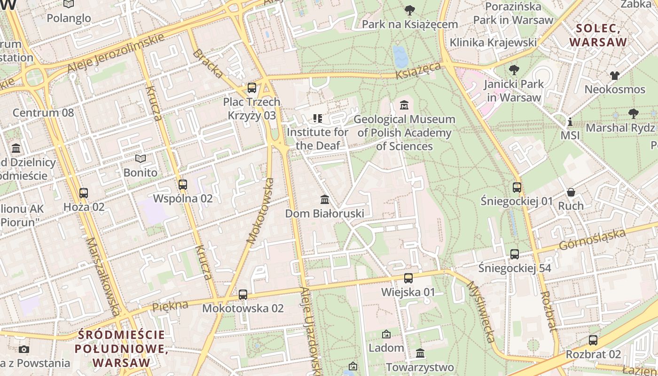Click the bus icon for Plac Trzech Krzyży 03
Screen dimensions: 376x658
point(252,87)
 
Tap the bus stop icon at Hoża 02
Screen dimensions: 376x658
point(84,193)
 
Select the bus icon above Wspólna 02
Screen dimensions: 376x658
point(183,184)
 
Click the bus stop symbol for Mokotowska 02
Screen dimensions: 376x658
point(243,295)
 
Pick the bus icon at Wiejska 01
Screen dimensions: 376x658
point(408,278)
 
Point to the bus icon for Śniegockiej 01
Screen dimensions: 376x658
point(517,187)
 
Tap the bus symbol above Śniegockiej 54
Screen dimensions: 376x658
point(515,254)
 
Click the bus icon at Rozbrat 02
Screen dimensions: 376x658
point(593,340)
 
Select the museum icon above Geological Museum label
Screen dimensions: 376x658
point(404,105)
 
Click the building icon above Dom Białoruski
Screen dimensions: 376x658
point(324,199)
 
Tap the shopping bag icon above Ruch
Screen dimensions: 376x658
point(571,192)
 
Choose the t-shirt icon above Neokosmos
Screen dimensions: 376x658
point(615,75)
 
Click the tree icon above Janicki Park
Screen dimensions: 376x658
point(514,70)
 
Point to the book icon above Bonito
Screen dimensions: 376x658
point(140,158)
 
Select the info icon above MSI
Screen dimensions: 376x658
point(570,122)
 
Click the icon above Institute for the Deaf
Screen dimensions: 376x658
point(318,118)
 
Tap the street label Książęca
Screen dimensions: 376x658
point(418,71)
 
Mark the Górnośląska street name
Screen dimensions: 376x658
point(592,240)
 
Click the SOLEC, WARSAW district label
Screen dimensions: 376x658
point(598,35)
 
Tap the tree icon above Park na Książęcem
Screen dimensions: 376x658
point(410,10)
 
